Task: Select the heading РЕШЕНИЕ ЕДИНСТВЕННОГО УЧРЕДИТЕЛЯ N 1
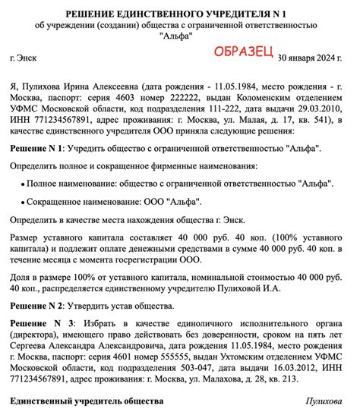[180, 14]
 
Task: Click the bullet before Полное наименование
[21, 184]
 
